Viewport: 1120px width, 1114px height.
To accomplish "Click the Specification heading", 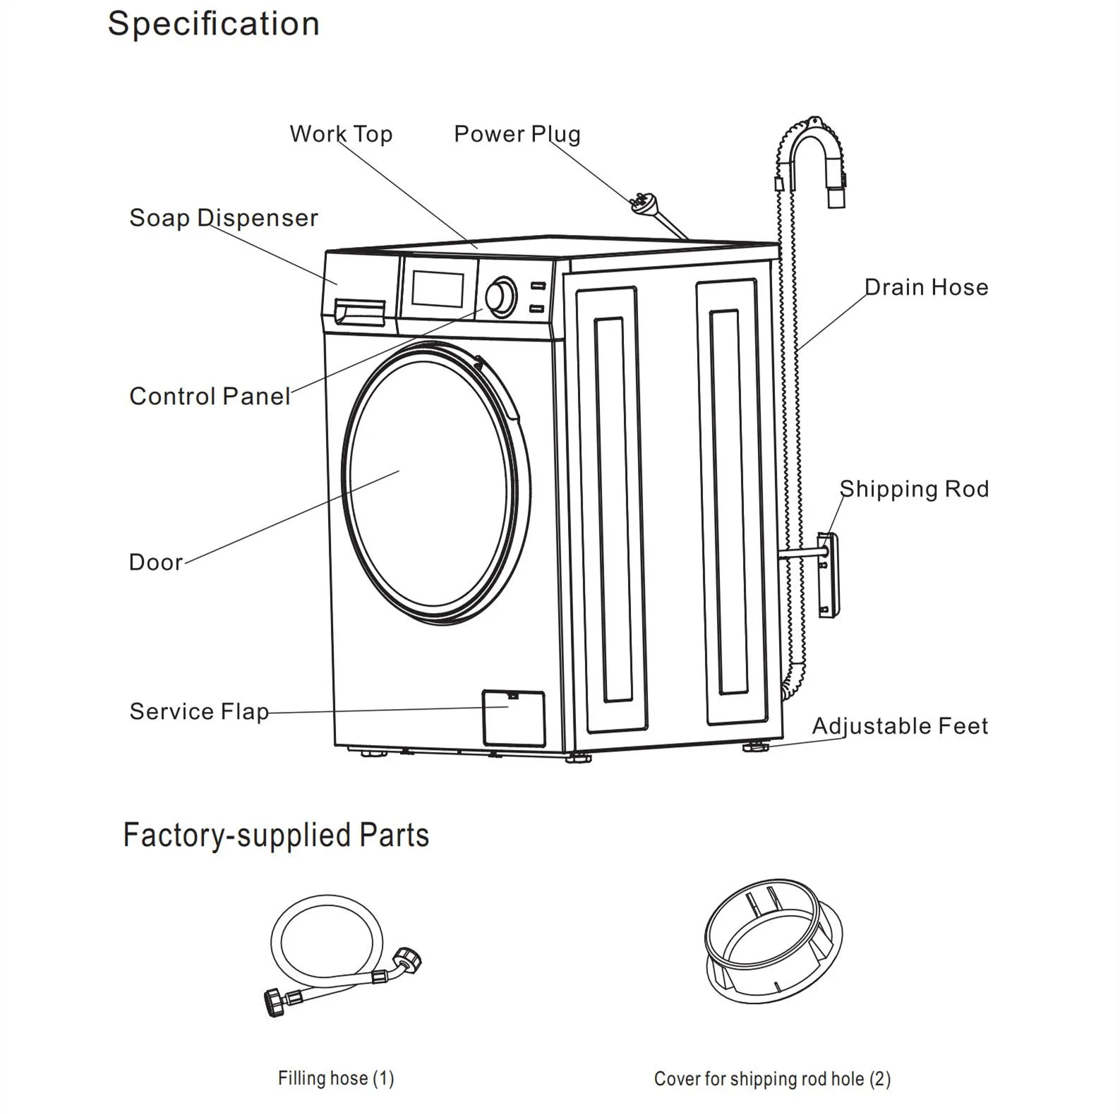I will (213, 24).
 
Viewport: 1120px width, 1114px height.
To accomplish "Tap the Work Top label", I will (341, 134).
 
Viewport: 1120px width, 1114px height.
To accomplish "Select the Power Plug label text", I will (517, 134).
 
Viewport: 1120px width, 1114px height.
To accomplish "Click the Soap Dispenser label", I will (224, 218).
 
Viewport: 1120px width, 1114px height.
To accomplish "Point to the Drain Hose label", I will (926, 287).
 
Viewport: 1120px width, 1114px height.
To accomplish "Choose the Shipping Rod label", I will (914, 489).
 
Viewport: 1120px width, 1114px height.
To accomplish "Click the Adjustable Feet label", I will (900, 726).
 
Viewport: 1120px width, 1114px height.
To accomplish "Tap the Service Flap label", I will (199, 711).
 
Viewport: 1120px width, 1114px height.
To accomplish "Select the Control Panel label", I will (210, 396).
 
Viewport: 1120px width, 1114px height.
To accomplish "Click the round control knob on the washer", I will (501, 297).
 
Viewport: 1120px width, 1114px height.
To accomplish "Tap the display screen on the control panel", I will (438, 289).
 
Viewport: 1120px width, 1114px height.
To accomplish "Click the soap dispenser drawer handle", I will (360, 312).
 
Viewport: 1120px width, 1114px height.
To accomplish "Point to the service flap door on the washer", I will (514, 718).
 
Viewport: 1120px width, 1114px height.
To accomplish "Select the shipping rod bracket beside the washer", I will (829, 575).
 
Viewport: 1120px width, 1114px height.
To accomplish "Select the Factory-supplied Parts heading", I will (276, 835).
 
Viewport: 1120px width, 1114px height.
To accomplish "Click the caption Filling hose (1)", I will (336, 1079).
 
